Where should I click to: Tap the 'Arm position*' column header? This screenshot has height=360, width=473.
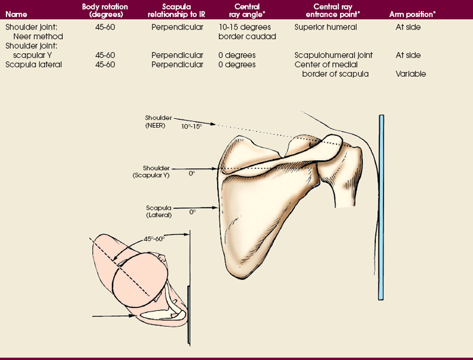pyautogui.click(x=408, y=13)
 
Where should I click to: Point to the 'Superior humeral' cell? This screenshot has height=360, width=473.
pyautogui.click(x=323, y=27)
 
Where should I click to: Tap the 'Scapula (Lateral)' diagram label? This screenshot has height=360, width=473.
pyautogui.click(x=158, y=211)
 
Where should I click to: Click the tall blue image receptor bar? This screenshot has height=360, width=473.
pyautogui.click(x=381, y=207)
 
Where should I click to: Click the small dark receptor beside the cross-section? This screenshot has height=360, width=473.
pyautogui.click(x=189, y=313)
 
